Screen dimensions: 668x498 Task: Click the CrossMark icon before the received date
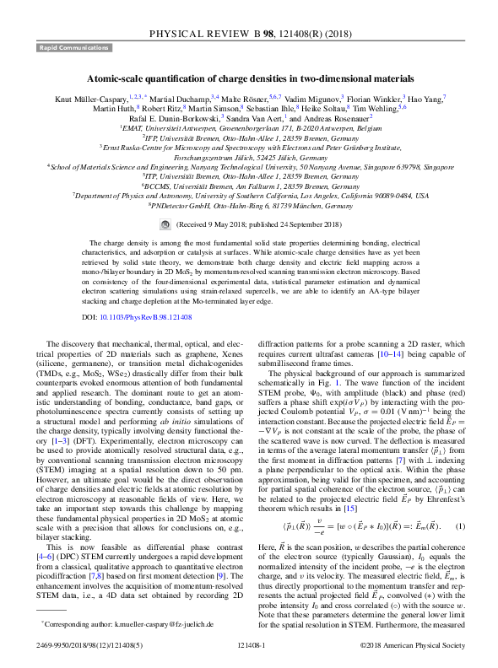165,225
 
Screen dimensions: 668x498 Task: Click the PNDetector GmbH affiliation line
249,205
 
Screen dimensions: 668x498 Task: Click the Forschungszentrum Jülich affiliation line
249,157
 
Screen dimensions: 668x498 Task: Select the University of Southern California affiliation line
249,196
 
